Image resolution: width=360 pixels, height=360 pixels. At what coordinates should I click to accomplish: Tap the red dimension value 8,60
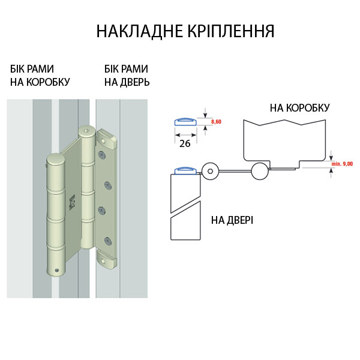click(x=217, y=122)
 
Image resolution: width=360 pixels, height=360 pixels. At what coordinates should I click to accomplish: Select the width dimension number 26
click(x=185, y=144)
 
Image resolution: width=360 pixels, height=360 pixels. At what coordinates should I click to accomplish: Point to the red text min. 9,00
click(x=341, y=163)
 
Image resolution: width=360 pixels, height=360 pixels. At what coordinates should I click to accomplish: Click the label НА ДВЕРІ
click(x=232, y=220)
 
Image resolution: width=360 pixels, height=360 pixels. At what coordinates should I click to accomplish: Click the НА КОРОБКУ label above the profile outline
click(x=299, y=108)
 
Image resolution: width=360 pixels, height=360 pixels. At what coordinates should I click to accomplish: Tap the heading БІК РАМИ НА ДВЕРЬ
click(x=126, y=75)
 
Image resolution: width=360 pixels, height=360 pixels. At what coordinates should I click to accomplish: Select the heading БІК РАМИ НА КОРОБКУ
click(x=40, y=75)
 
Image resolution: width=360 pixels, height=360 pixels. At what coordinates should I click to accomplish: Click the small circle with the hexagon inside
click(x=210, y=171)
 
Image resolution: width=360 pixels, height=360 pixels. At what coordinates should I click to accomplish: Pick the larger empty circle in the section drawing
click(x=259, y=171)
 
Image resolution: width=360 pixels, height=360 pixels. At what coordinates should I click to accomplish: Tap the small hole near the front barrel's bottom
click(x=58, y=269)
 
